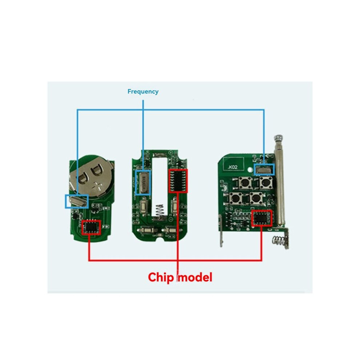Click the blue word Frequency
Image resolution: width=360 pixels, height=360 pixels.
[143, 92]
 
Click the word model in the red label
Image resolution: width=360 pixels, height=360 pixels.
[195, 277]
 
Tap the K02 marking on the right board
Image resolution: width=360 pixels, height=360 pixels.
[233, 167]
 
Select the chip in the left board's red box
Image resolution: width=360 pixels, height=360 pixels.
[91, 227]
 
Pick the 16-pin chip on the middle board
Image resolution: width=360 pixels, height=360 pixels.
[178, 181]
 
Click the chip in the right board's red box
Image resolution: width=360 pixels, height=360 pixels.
[261, 218]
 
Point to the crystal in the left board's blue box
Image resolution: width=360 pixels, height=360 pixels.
[77, 201]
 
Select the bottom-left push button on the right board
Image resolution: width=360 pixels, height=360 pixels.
[236, 199]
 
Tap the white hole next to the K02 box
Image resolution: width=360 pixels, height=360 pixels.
[250, 170]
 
